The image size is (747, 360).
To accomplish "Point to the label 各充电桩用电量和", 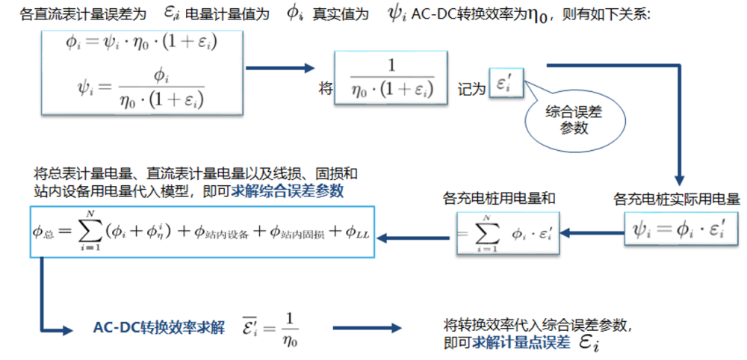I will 501,199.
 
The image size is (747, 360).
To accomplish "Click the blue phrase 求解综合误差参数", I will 287,192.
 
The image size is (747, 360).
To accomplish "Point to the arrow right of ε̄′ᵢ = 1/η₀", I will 365,329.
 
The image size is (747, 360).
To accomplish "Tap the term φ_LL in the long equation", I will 358,232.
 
